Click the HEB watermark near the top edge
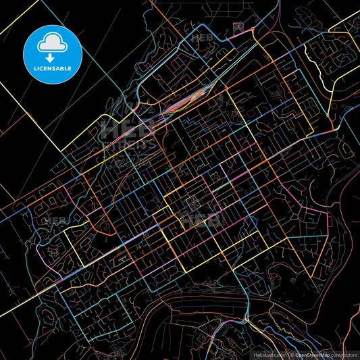coord(202,38)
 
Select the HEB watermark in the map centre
coord(201,220)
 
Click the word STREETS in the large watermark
coord(128,144)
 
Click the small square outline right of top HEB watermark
coord(237,26)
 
